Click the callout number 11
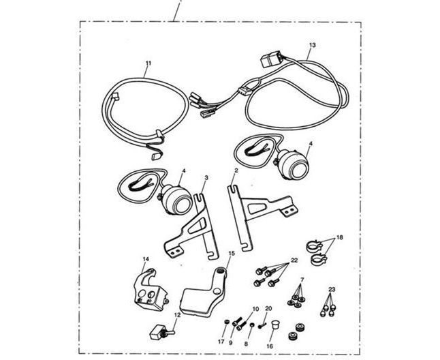[148, 63]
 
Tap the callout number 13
[313, 45]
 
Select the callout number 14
[146, 259]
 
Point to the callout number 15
[232, 253]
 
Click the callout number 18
[340, 237]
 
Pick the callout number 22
[294, 260]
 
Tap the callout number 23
[332, 290]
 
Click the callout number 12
[177, 315]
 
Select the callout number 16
[270, 346]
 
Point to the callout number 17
[221, 342]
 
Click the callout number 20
[268, 309]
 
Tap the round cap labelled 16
[274, 327]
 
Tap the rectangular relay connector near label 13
[271, 59]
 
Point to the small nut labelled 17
[227, 322]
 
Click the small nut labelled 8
[252, 325]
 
